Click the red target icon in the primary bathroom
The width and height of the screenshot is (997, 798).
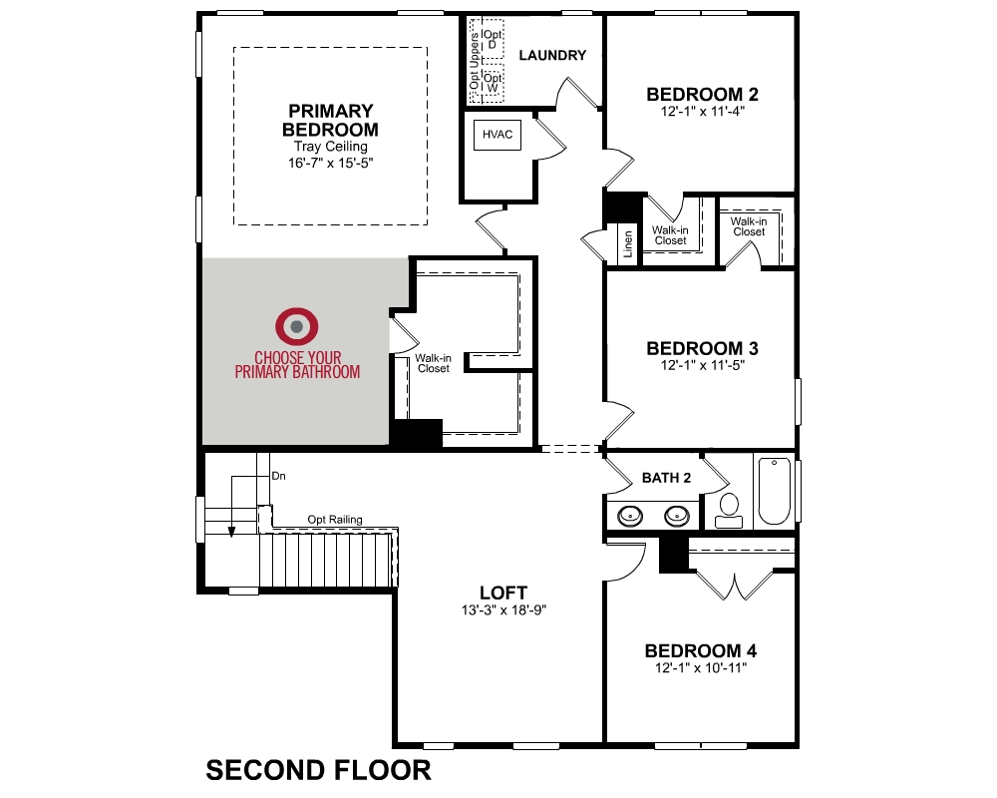pyautogui.click(x=297, y=325)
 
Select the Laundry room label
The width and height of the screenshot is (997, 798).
pyautogui.click(x=552, y=56)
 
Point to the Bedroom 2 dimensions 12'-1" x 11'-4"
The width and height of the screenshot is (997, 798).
pyautogui.click(x=703, y=112)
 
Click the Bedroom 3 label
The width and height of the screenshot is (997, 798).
pyautogui.click(x=702, y=348)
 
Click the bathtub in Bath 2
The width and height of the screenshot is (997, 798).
pyautogui.click(x=774, y=491)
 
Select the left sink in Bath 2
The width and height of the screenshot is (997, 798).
pyautogui.click(x=630, y=516)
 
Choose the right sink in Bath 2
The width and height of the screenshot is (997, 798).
pyautogui.click(x=677, y=516)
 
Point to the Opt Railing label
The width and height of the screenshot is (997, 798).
pyautogui.click(x=335, y=520)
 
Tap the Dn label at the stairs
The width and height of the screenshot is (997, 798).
pyautogui.click(x=279, y=476)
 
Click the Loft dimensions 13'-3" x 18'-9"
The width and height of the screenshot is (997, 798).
pyautogui.click(x=502, y=609)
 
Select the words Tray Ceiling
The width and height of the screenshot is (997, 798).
pyautogui.click(x=330, y=147)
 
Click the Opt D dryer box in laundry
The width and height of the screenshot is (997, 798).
pyautogui.click(x=493, y=41)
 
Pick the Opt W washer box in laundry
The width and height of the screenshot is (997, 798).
pyautogui.click(x=493, y=83)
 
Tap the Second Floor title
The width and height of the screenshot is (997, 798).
pyautogui.click(x=318, y=770)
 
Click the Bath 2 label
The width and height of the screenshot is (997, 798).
pyautogui.click(x=666, y=478)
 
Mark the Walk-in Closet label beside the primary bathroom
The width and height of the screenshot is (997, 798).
pyautogui.click(x=434, y=363)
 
